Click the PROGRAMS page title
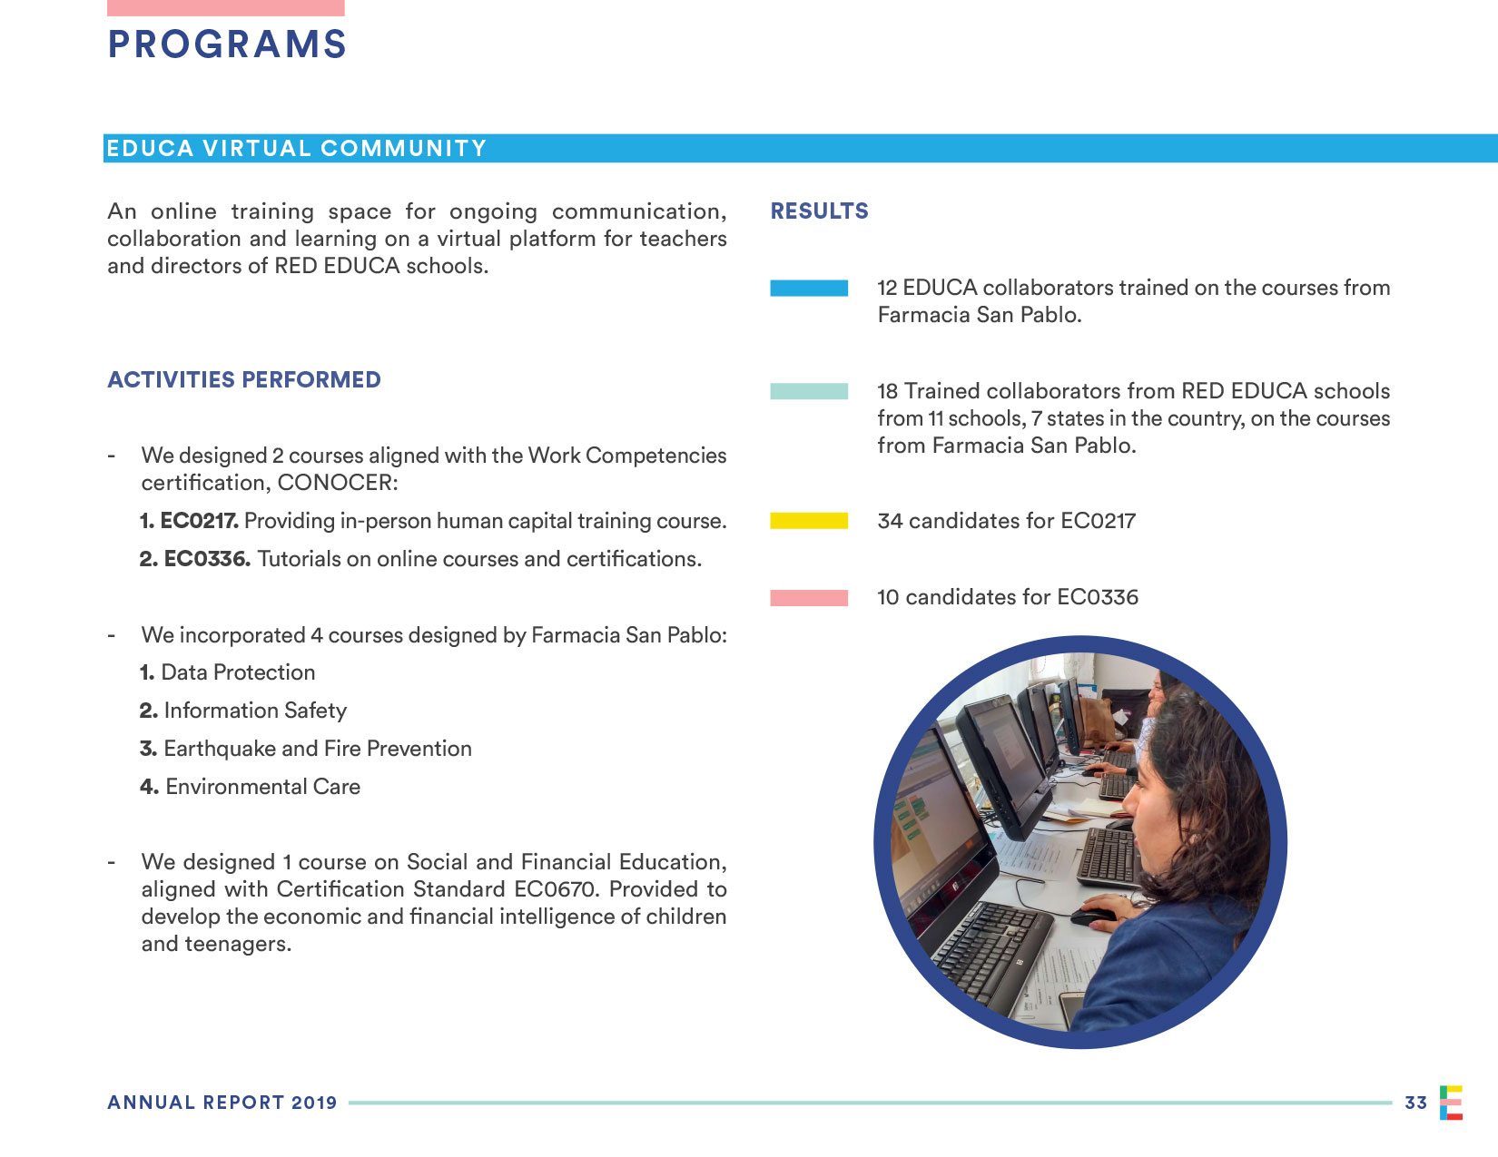(x=227, y=44)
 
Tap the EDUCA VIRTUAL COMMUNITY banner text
(x=297, y=149)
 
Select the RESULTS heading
(x=819, y=211)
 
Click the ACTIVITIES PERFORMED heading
(x=244, y=379)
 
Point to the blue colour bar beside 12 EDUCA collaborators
(x=809, y=288)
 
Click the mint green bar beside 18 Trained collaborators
(x=809, y=391)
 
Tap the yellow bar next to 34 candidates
(x=809, y=521)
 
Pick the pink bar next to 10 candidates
(x=809, y=597)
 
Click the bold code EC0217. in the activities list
(x=199, y=521)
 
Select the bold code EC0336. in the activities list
(x=207, y=559)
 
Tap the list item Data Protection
(x=238, y=672)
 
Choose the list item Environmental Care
(x=262, y=787)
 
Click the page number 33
(x=1415, y=1103)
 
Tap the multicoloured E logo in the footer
(x=1451, y=1103)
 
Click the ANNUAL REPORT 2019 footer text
(x=222, y=1103)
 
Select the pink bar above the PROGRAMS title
(x=226, y=7)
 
